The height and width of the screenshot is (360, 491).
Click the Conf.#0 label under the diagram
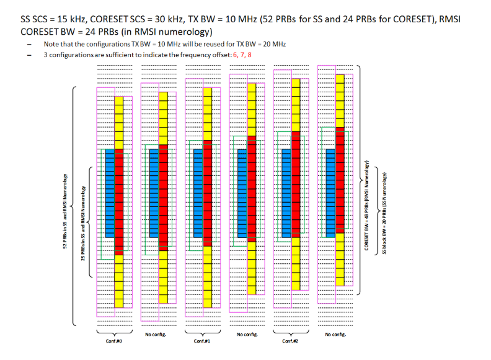pyautogui.click(x=113, y=340)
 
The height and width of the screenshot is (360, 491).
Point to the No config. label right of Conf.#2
pyautogui.click(x=335, y=335)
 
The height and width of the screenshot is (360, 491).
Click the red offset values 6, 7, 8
pyautogui.click(x=242, y=55)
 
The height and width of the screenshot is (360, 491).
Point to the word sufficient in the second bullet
pyautogui.click(x=117, y=55)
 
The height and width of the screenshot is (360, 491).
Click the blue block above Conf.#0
pyautogui.click(x=110, y=193)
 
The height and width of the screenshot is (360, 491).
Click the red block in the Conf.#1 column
pyautogui.click(x=207, y=193)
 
